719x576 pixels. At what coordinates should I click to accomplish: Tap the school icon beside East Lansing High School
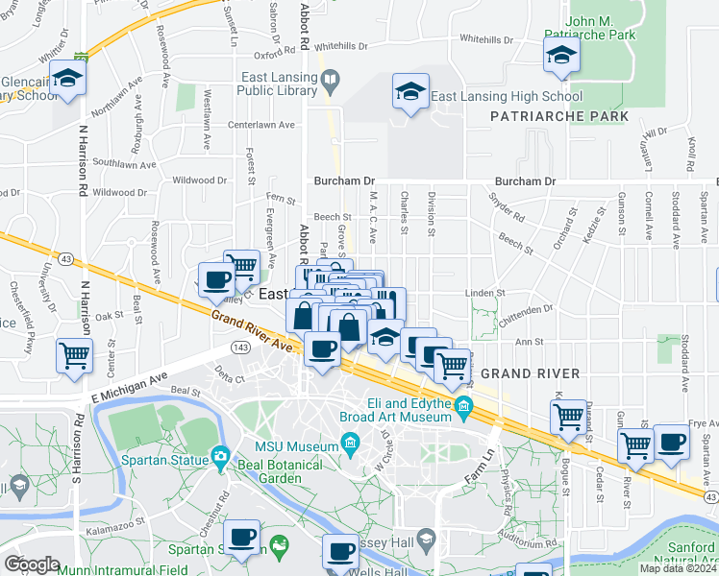(x=410, y=93)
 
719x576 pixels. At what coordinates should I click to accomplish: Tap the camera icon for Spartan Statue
(x=222, y=457)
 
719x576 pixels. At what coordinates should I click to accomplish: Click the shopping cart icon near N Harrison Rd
(x=74, y=355)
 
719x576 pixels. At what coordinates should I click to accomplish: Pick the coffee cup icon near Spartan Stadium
(x=242, y=536)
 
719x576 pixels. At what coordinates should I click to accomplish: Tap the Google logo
(x=32, y=564)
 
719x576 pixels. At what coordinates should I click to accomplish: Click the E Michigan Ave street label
(x=130, y=377)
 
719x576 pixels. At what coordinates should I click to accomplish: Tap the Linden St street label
(x=485, y=293)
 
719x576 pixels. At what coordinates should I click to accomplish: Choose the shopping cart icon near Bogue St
(x=569, y=416)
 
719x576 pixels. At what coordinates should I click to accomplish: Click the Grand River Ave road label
(x=252, y=329)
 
